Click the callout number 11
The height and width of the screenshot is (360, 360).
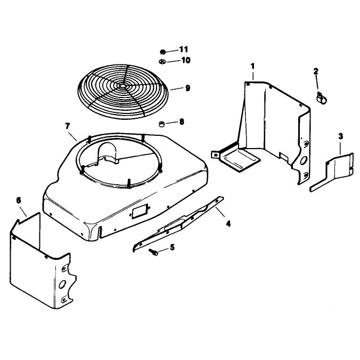click(183, 49)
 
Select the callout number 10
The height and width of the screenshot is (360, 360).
click(186, 60)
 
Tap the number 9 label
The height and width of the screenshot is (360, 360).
click(187, 88)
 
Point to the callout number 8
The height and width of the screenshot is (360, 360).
click(182, 121)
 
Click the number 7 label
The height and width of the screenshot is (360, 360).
click(68, 126)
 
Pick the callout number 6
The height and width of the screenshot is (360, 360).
click(19, 200)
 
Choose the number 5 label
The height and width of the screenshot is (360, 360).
click(172, 247)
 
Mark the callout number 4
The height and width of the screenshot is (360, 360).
click(228, 223)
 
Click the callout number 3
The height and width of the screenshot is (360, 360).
click(340, 136)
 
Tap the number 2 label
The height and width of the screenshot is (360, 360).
click(316, 71)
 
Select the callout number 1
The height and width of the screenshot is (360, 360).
click(252, 67)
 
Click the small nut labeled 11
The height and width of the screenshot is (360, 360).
click(162, 52)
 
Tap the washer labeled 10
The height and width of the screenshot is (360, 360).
click(162, 62)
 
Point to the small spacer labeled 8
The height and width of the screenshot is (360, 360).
click(162, 124)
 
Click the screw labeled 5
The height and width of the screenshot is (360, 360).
click(153, 252)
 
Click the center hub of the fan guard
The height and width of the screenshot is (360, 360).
click(122, 86)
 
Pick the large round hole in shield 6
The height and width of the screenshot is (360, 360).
click(62, 284)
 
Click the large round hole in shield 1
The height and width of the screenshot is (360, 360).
click(304, 160)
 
